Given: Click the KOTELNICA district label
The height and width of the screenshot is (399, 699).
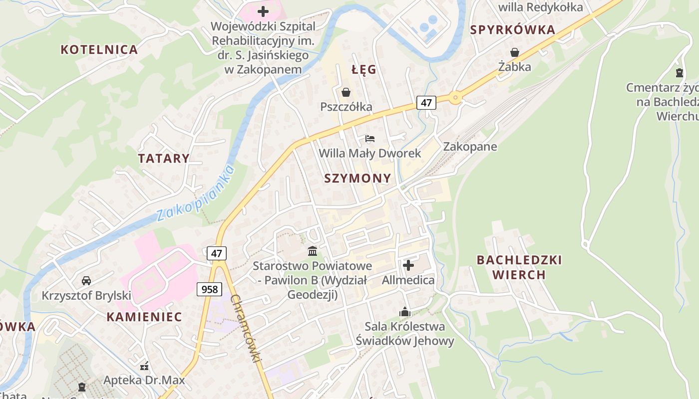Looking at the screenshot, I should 99,49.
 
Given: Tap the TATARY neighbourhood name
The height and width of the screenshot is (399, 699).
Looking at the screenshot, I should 164,159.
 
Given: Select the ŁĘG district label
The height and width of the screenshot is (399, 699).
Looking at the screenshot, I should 364,70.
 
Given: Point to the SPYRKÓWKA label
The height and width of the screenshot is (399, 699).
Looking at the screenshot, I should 513,30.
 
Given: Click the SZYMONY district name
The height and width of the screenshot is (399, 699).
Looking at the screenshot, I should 357,179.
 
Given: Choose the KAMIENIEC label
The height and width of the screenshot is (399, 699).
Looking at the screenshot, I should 144,317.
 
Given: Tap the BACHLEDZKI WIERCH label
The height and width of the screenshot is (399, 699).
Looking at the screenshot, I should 519,267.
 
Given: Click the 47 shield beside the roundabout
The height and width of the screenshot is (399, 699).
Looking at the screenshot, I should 426,103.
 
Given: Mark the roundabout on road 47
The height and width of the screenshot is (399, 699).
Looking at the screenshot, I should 454,98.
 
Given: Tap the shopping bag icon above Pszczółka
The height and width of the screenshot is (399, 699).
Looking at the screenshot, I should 346,92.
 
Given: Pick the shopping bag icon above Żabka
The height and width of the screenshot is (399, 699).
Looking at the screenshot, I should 515,52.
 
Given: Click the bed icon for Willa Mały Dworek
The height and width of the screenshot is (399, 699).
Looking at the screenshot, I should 370,138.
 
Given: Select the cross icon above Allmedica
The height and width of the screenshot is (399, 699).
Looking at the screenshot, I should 408,265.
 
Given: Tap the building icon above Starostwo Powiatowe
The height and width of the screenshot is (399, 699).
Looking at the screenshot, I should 313,250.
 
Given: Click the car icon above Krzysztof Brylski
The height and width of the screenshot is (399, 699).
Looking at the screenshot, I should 86,281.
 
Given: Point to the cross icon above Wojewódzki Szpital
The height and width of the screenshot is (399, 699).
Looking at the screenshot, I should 263,11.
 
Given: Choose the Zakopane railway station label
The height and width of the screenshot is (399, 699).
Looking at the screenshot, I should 470,147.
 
